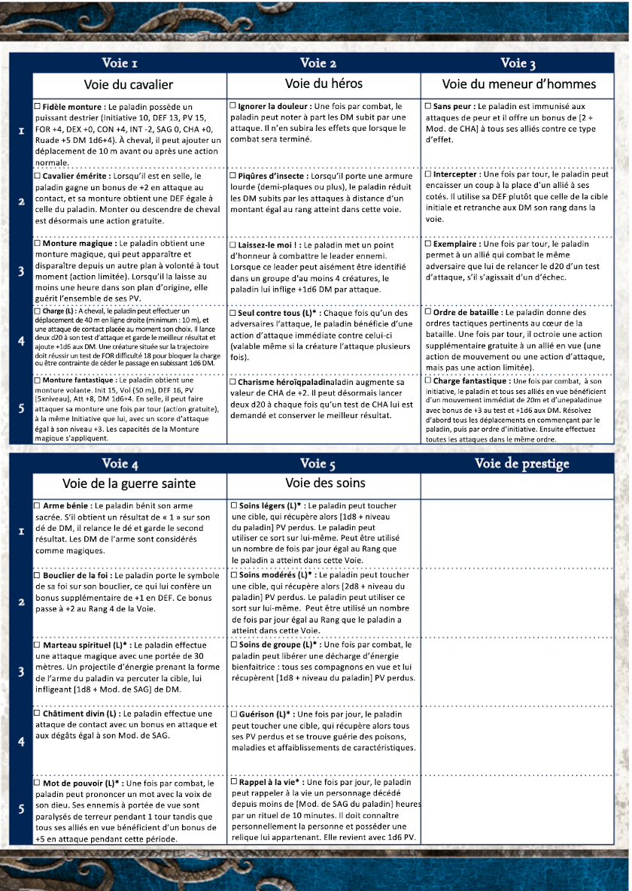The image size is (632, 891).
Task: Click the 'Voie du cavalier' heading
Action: [129, 84]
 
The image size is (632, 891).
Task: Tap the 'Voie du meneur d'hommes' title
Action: [519, 84]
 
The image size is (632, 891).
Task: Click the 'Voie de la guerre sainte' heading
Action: [129, 483]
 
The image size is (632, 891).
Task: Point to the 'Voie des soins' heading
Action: [324, 482]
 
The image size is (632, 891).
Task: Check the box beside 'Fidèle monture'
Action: [38, 107]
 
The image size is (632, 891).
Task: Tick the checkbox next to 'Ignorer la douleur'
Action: [233, 107]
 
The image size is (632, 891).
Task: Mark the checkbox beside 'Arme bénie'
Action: [38, 506]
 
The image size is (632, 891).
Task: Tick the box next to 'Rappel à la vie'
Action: [233, 783]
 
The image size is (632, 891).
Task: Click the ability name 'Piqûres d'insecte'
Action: [272, 175]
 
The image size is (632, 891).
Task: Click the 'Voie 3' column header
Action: [518, 62]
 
